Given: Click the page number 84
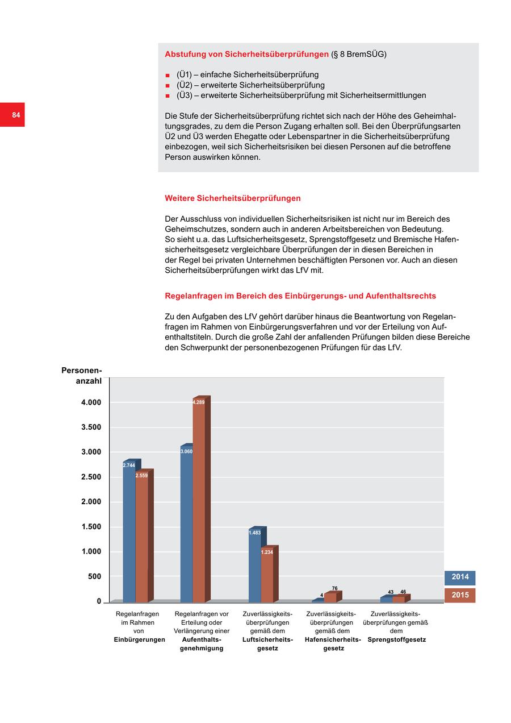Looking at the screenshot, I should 16,115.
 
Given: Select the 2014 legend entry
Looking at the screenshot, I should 460,577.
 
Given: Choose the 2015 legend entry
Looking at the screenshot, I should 460,595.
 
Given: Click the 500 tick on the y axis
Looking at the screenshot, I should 94,576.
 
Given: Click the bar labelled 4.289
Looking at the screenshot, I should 199,500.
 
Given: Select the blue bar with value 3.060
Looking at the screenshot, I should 186,526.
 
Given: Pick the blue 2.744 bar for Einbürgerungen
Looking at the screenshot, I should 129,534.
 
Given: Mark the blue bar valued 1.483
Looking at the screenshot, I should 254,568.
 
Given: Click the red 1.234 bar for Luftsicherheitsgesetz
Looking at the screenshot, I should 267,577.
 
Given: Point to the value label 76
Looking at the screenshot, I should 335,589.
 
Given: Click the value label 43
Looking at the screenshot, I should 391,592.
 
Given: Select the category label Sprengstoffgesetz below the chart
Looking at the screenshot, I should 396,639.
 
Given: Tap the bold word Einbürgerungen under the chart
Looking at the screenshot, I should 139,639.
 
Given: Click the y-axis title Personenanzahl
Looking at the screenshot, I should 82,376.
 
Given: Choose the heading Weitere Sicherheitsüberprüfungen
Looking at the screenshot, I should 232,198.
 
